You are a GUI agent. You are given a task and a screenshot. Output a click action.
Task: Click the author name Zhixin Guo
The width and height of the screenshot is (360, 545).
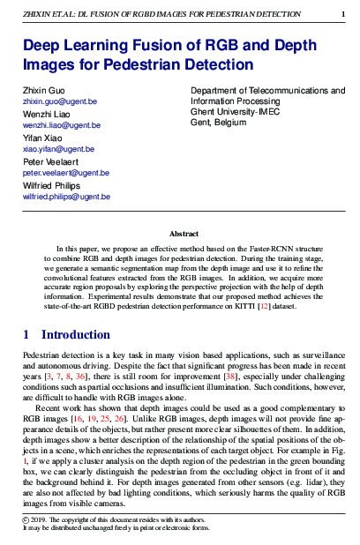[44, 92]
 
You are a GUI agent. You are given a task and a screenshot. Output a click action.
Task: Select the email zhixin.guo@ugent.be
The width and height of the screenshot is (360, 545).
[59, 102]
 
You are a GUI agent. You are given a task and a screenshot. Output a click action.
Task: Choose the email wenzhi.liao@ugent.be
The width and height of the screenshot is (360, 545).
[61, 126]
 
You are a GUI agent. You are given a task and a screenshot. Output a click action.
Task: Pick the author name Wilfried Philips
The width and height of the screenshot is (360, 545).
[53, 187]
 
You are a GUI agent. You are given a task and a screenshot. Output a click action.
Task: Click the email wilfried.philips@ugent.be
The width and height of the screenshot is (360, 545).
[66, 198]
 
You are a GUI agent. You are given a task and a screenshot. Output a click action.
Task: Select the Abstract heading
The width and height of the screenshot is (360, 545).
[184, 234]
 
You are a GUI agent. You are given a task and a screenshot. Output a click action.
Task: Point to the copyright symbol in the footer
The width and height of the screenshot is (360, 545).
[26, 523]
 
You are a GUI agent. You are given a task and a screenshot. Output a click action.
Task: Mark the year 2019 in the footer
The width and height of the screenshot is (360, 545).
[41, 523]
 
